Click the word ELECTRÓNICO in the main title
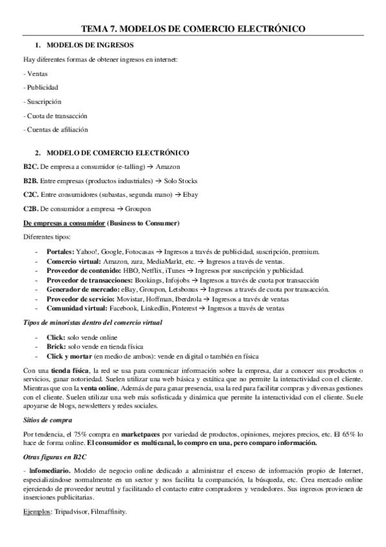click(x=269, y=28)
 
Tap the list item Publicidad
click(x=42, y=87)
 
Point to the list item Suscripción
click(x=44, y=101)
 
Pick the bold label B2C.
click(x=31, y=166)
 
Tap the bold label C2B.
click(x=31, y=209)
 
